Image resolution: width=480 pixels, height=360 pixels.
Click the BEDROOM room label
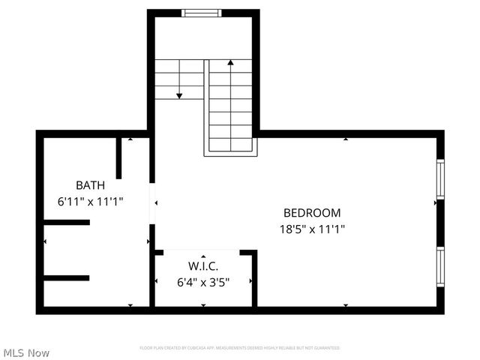pyautogui.click(x=311, y=212)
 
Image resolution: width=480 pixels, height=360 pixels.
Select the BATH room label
pyautogui.click(x=90, y=184)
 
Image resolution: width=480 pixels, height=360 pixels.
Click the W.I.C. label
pyautogui.click(x=202, y=266)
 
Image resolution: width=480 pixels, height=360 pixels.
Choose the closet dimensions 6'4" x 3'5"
pyautogui.click(x=202, y=282)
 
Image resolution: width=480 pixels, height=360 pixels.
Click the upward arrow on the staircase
pyautogui.click(x=230, y=63)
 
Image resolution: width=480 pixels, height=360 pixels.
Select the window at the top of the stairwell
pyautogui.click(x=202, y=12)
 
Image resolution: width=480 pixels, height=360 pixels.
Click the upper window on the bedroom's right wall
pyautogui.click(x=440, y=178)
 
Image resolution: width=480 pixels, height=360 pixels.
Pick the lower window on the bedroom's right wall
pyautogui.click(x=440, y=267)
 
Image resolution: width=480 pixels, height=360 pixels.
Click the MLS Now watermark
pyautogui.click(x=26, y=352)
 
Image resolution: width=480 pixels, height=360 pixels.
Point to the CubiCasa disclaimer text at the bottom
pyautogui.click(x=240, y=348)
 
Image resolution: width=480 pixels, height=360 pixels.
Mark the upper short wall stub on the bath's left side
pyautogui.click(x=67, y=222)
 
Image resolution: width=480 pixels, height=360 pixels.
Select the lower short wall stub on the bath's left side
pyautogui.click(x=67, y=277)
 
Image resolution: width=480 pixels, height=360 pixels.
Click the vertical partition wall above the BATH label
pyautogui.click(x=118, y=158)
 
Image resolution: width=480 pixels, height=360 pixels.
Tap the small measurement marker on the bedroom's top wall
pyautogui.click(x=345, y=139)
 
